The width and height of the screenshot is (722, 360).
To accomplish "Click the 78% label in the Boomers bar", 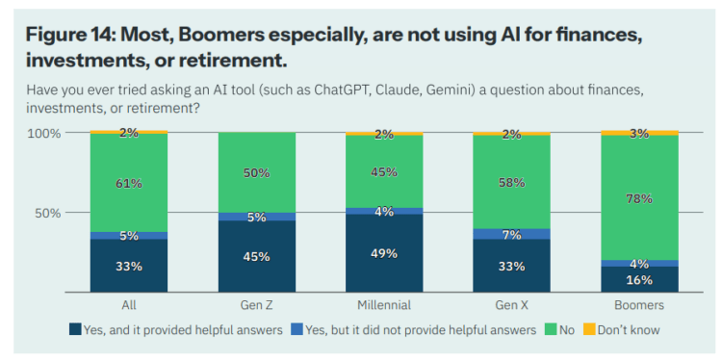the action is (x=639, y=199).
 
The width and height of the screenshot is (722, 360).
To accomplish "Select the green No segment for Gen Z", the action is (x=256, y=172).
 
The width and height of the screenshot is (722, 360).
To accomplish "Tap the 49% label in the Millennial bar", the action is (x=384, y=254).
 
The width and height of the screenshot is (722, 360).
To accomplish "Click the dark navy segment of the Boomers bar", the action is (x=639, y=279).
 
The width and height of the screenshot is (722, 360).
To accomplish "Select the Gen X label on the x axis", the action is (x=511, y=305).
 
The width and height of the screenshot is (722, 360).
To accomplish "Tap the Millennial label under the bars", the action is (x=384, y=305).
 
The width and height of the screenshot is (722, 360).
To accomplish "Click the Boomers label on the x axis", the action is (x=639, y=305).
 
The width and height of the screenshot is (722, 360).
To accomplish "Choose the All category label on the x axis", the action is (x=129, y=305).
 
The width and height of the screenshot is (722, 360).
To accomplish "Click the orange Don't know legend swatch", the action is (x=589, y=329).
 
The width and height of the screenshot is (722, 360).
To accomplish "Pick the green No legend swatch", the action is (x=552, y=329).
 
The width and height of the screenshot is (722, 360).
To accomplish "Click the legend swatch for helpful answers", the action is (x=75, y=329).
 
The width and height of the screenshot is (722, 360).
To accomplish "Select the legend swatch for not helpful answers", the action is (x=297, y=329).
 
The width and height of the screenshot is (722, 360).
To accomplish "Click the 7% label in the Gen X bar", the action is (x=511, y=235).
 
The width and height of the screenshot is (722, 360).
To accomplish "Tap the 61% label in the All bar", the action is (x=129, y=184).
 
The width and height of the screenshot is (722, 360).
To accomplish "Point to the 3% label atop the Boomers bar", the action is (x=639, y=134).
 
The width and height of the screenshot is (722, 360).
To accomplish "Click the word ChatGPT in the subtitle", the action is (x=340, y=90).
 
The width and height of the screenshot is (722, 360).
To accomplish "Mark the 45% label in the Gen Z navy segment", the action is (x=256, y=257).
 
